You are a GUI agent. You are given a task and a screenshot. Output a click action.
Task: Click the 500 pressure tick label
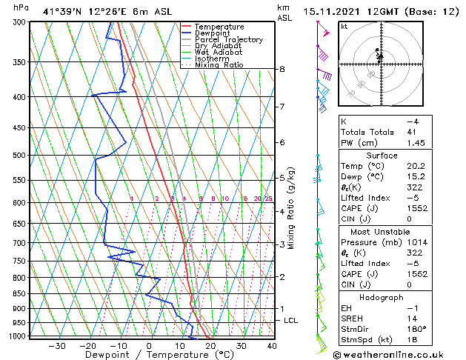click(20, 156)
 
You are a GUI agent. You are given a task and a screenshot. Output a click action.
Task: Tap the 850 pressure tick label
click(20, 293)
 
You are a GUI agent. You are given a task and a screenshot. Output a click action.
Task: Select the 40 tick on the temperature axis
click(272, 346)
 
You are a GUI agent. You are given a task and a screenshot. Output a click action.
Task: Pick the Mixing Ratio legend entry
click(219, 64)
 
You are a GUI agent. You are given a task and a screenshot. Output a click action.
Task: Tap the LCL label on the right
click(291, 320)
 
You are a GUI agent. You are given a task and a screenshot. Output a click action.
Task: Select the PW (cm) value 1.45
click(417, 142)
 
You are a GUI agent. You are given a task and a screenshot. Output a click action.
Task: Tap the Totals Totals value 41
click(413, 132)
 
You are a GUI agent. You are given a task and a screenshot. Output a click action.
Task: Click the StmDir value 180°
click(416, 329)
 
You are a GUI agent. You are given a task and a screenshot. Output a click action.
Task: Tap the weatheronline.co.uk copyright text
click(389, 354)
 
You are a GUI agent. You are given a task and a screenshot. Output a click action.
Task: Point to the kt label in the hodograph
click(344, 27)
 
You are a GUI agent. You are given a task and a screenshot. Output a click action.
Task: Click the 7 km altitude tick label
click(282, 107)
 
